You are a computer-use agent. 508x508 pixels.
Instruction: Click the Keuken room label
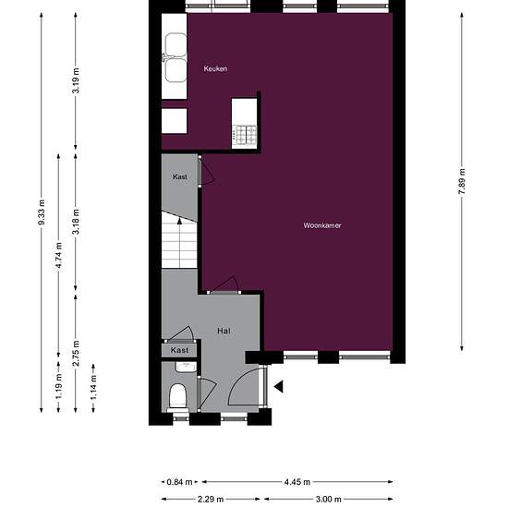pos(215,68)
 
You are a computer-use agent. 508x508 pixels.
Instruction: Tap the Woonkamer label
pos(322,225)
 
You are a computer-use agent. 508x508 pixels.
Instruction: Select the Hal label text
pos(224,331)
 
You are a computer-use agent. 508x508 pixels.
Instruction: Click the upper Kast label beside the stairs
pos(180,177)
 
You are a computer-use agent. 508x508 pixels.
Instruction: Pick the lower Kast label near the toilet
pos(179,350)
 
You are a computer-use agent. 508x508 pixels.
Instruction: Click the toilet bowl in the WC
pos(178,396)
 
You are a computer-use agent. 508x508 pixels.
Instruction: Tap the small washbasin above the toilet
pos(186,367)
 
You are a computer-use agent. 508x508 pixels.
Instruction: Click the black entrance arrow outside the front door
pos(279,386)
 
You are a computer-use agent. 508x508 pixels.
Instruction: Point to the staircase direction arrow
pos(179,243)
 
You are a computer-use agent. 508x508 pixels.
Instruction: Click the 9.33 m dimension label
pos(42,212)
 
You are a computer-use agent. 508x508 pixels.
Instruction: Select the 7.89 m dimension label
pos(462,181)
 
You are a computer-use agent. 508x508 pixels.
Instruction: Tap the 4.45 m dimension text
pos(297,482)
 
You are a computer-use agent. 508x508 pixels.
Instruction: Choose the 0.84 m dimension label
pos(179,482)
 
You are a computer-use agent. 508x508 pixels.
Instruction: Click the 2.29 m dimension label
pos(211,499)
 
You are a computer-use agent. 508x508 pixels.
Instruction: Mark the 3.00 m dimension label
pos(328,499)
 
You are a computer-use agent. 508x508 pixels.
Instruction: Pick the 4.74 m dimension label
pos(58,255)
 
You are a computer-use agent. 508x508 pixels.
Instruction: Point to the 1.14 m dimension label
pos(93,387)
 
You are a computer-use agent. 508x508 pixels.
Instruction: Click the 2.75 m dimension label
pos(76,354)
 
